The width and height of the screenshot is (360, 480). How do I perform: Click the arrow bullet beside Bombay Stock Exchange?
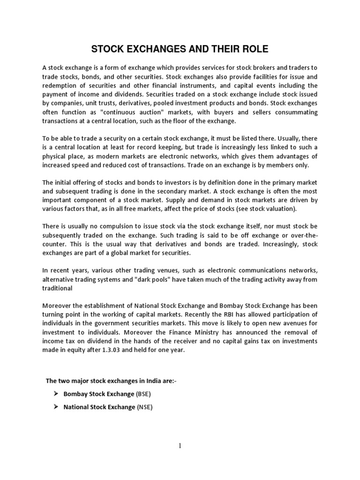coord(56,394)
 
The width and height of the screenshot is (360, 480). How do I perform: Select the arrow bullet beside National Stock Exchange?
coord(56,407)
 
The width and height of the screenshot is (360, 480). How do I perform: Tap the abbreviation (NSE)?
coord(144,407)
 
